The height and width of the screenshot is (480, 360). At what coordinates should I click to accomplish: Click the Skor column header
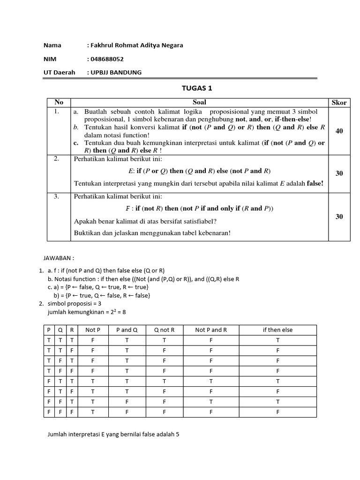coord(339,103)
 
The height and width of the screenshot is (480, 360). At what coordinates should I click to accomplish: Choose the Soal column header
coord(199,102)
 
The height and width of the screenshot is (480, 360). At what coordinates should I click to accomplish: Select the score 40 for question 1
coord(339,131)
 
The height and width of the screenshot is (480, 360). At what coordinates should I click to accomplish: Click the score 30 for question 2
coord(339,173)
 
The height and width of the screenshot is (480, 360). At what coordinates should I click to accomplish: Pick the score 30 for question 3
coord(339,217)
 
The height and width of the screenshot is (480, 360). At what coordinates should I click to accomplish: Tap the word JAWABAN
coord(58,258)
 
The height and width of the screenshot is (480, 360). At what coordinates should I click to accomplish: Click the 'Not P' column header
coord(93,330)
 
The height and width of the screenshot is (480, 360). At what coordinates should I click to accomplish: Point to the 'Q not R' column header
coord(164,330)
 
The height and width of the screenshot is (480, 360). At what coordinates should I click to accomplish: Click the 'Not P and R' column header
coord(211,330)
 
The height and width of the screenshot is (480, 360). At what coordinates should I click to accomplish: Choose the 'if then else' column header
coord(277,330)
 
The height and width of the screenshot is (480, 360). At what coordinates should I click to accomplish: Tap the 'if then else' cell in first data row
coord(277,340)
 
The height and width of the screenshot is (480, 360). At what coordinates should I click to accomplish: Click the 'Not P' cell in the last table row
coord(93,412)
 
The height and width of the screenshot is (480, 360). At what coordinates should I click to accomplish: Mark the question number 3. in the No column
coord(56,197)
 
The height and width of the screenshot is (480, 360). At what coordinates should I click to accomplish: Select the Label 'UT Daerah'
coord(59,72)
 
